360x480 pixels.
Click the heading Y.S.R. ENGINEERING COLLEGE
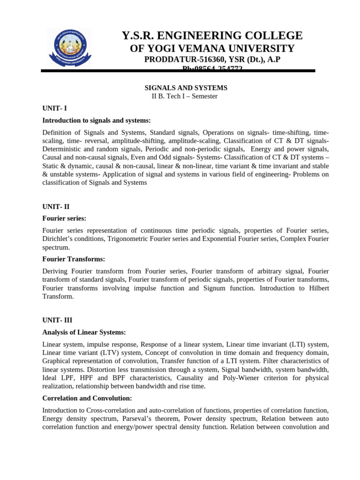click(212, 36)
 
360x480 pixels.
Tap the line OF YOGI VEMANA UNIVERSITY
click(212, 49)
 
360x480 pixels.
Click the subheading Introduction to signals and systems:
click(96, 120)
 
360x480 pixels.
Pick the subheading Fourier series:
click(64, 218)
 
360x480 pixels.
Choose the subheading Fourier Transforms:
click(74, 259)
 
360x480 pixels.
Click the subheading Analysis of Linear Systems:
click(84, 332)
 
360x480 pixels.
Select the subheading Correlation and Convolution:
click(87, 398)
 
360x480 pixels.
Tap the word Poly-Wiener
click(240, 378)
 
